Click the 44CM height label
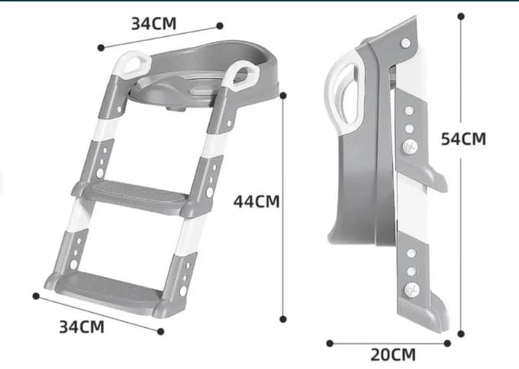point(257,201)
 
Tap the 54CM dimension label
point(463,138)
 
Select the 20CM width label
point(393,355)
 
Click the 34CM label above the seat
point(154,24)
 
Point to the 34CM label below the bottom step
point(81,327)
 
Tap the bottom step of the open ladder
point(106,290)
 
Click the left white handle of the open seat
point(133,65)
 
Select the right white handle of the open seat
point(241,76)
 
